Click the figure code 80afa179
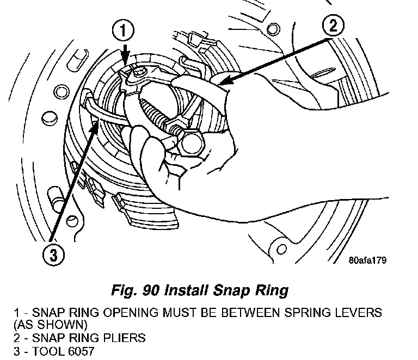point(367,260)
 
